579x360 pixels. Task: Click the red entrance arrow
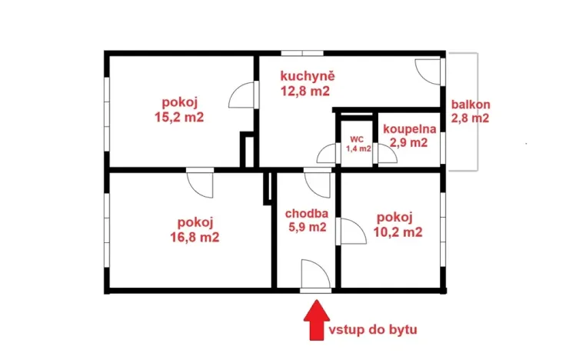(x=315, y=322)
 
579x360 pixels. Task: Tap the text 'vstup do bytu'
(x=373, y=329)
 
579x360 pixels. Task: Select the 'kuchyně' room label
(x=305, y=76)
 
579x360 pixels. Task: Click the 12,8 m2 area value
(x=305, y=90)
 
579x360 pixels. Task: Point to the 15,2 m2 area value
(x=179, y=118)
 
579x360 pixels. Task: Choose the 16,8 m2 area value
(x=195, y=238)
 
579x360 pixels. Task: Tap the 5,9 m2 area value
(x=307, y=227)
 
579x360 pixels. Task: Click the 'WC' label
(x=356, y=139)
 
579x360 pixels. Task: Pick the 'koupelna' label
(x=410, y=129)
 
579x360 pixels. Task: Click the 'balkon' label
(x=471, y=105)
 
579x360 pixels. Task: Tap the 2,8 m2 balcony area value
(x=471, y=118)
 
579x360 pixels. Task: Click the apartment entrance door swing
(x=315, y=274)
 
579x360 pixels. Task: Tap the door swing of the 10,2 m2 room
(x=351, y=231)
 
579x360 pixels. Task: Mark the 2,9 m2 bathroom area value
(x=407, y=142)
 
